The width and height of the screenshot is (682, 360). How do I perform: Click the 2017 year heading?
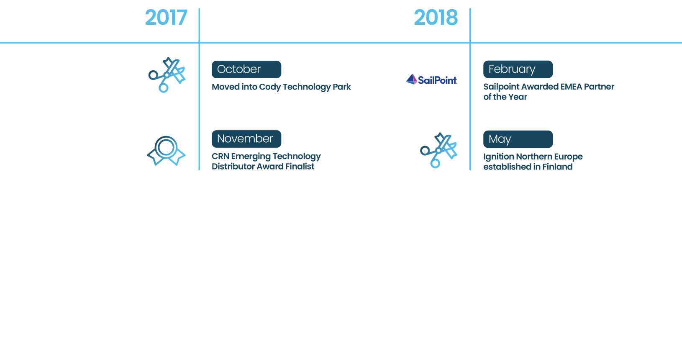(166, 18)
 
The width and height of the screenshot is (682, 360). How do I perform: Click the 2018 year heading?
(436, 18)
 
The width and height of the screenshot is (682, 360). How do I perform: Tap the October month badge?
(246, 69)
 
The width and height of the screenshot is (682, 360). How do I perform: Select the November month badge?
(246, 139)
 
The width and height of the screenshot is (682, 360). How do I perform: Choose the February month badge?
(518, 69)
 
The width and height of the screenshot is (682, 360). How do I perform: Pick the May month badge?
(518, 139)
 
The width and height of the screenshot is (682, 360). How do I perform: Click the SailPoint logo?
(432, 79)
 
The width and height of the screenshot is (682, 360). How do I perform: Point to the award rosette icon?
(166, 151)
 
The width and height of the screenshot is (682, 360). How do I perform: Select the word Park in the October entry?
(341, 87)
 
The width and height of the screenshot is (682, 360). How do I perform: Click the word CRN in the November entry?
(220, 156)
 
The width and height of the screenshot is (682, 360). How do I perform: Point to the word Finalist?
(300, 166)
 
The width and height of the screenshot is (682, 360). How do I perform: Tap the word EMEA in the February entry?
(569, 87)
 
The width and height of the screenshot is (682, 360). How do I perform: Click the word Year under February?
(518, 97)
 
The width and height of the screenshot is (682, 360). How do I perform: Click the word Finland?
(557, 167)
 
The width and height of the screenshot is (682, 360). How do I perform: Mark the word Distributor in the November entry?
(233, 166)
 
